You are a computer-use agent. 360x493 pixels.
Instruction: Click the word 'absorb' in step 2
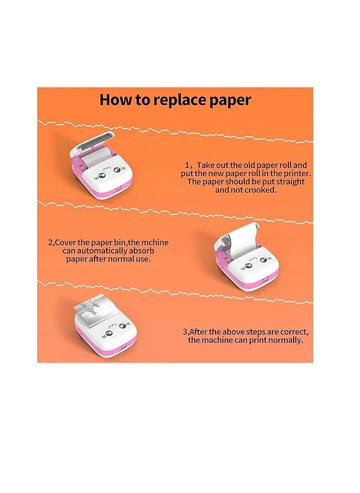pyautogui.click(x=142, y=251)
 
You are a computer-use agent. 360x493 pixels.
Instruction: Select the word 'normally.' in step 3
pyautogui.click(x=288, y=340)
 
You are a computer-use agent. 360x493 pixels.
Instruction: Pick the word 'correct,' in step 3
pyautogui.click(x=295, y=332)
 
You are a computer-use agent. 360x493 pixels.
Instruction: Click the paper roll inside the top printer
pyautogui.click(x=100, y=159)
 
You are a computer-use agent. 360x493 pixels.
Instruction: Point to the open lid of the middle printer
pyautogui.click(x=237, y=237)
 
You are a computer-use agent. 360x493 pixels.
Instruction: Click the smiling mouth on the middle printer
pyautogui.click(x=254, y=260)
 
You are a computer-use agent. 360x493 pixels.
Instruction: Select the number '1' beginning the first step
pyautogui.click(x=186, y=166)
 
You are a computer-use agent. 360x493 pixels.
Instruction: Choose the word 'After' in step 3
pyautogui.click(x=199, y=332)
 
